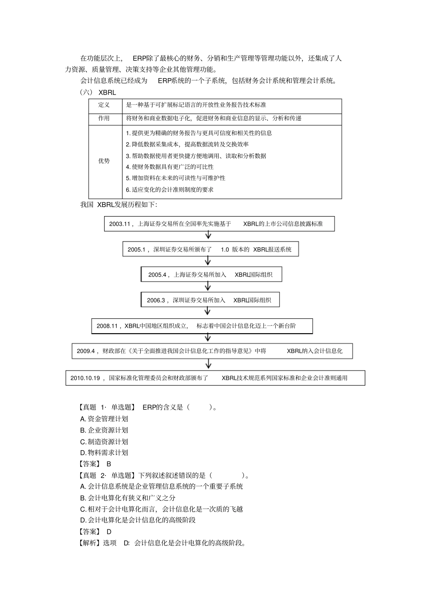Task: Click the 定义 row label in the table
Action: [104, 105]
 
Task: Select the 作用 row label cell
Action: [104, 118]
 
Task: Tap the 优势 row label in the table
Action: [104, 161]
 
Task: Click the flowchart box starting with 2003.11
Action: [219, 224]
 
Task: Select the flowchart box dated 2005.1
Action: [210, 249]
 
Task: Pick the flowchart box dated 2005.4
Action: [211, 274]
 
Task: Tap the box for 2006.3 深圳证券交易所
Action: [210, 300]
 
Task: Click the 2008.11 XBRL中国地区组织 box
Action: [202, 326]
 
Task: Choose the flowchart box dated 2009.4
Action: [212, 351]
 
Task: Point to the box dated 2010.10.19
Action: [215, 378]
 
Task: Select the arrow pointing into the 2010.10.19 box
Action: [208, 364]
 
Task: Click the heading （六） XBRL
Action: [98, 92]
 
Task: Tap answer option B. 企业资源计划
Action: [104, 430]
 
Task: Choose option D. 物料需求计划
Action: [104, 452]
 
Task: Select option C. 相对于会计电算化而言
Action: [162, 509]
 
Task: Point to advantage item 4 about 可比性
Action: [170, 167]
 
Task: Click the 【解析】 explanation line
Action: [162, 543]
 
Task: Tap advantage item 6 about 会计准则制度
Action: [170, 189]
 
